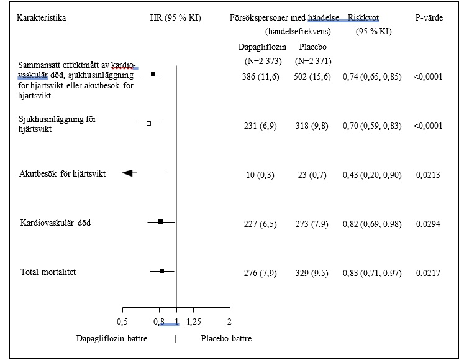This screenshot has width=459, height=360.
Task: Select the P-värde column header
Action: click(429, 18)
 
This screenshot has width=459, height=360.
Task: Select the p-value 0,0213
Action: click(428, 175)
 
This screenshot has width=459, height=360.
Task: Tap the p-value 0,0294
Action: click(428, 223)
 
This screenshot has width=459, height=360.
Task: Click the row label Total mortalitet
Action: click(48, 272)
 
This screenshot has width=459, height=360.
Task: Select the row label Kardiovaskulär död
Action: click(55, 223)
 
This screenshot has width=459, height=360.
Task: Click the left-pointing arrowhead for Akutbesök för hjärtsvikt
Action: click(128, 173)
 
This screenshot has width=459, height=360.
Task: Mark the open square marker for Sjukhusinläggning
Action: click(148, 124)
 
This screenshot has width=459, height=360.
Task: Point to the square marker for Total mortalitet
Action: click(162, 271)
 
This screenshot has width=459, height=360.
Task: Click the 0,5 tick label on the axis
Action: click(123, 321)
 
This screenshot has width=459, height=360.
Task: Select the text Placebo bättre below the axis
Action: click(227, 339)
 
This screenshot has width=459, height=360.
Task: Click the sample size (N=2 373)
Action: click(261, 61)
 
